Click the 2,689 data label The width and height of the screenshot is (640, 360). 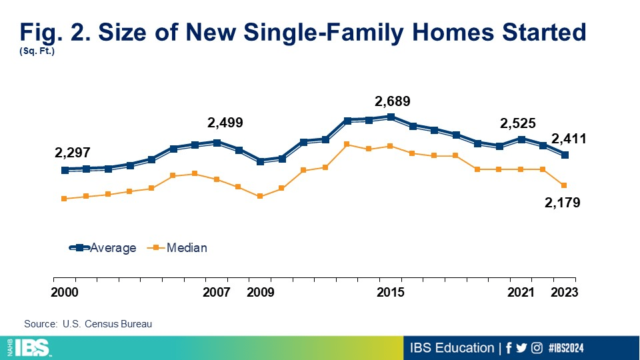393,102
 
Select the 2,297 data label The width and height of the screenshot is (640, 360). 73,153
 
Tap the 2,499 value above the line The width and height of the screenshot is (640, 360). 225,123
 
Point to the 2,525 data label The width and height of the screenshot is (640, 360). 518,123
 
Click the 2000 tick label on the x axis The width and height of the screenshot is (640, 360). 65,293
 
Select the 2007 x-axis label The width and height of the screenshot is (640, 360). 217,293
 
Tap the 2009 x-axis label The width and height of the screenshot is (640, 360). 260,293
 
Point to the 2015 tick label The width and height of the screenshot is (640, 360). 391,293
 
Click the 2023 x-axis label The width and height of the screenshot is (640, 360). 564,293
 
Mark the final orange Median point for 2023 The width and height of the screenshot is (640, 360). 565,185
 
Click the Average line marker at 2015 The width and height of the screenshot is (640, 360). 391,117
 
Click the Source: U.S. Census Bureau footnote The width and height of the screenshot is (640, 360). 88,324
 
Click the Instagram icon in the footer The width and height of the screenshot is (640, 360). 537,348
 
